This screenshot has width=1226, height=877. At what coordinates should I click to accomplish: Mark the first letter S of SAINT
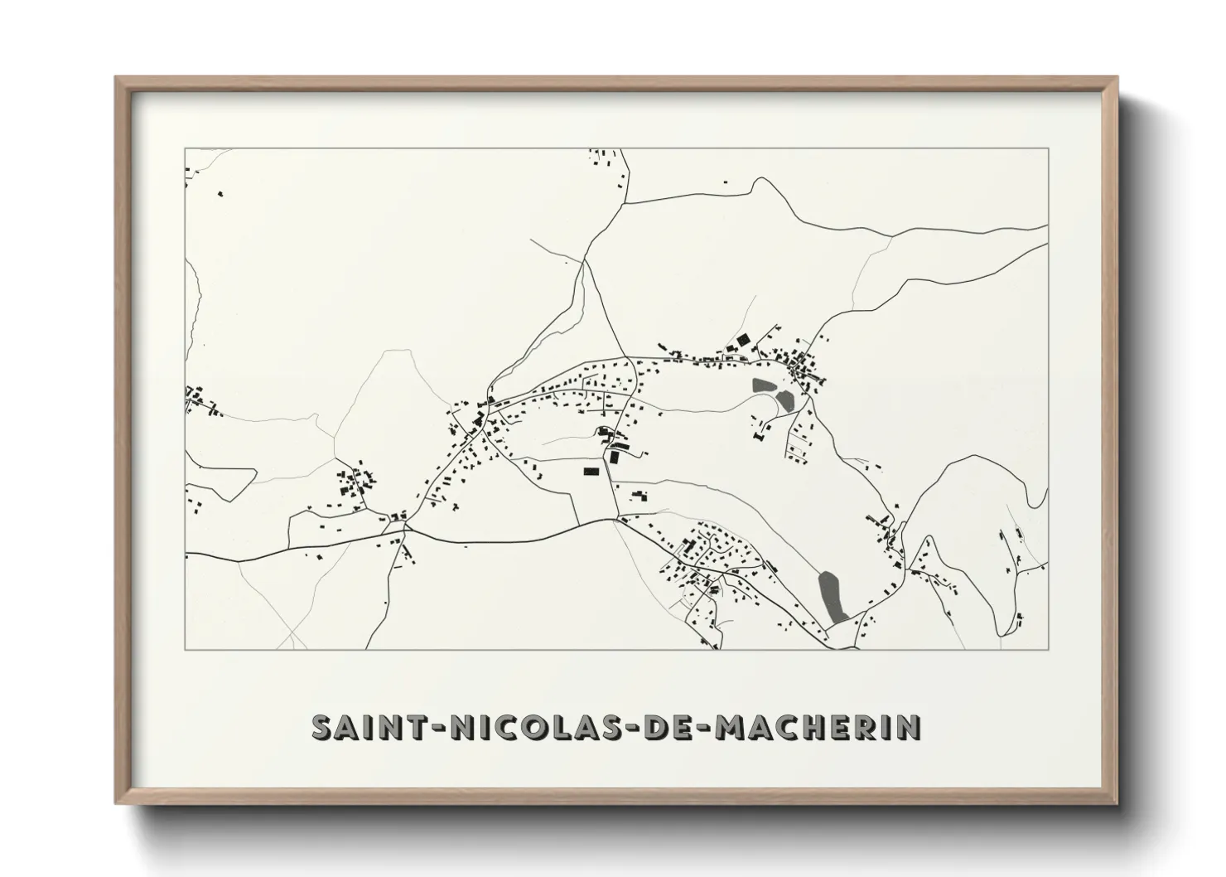tap(322, 727)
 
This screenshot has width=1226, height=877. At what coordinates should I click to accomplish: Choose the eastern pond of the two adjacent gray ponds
tap(784, 400)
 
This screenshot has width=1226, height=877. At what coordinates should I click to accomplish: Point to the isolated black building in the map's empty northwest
tap(220, 194)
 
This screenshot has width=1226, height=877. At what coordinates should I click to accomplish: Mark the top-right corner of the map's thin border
tap(1048, 148)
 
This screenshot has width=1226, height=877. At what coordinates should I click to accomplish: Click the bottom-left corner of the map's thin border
tap(185, 648)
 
